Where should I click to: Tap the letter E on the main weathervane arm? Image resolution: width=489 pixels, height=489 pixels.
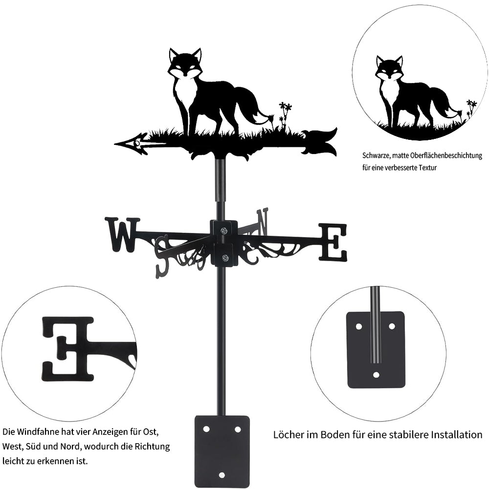tap(333, 242)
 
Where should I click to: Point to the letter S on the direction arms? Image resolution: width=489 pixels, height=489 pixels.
tap(162, 257)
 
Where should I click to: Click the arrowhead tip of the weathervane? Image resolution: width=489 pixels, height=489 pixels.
tap(115, 144)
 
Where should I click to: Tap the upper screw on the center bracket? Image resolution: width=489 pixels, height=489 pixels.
tap(224, 231)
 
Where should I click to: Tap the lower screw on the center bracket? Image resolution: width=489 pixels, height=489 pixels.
tap(224, 258)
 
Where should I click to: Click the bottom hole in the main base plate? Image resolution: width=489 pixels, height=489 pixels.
tap(222, 475)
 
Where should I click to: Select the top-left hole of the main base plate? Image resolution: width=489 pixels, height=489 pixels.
tap(206, 429)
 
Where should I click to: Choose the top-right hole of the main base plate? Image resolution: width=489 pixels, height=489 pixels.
tap(238, 429)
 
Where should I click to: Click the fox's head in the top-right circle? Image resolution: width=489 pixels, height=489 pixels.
tap(389, 68)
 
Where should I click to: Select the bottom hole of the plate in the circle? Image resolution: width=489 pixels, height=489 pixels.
tap(377, 375)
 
